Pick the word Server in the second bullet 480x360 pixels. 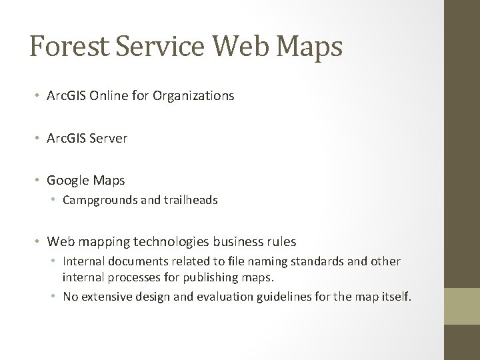[110, 139]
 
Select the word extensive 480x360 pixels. [101, 297]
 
